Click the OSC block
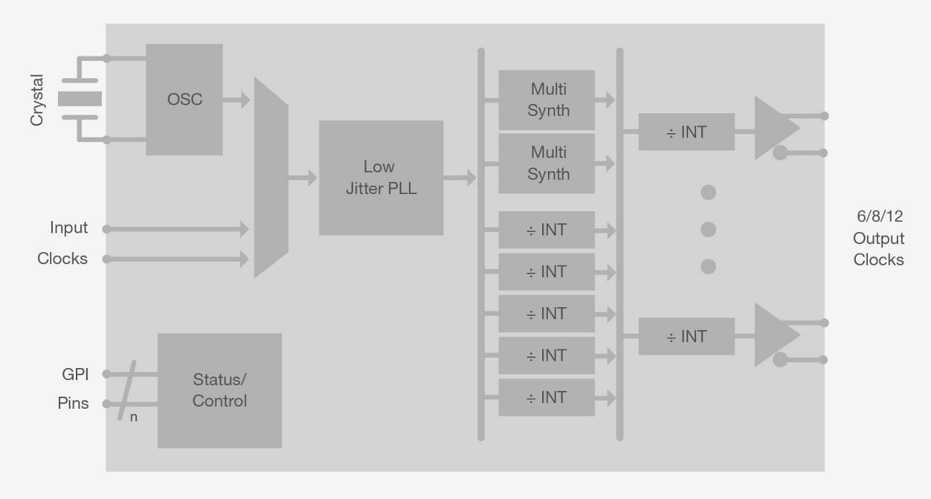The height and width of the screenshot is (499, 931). [184, 100]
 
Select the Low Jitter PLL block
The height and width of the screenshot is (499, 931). [381, 178]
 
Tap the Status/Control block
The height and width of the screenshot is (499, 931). [219, 390]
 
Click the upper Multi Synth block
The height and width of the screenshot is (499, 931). [546, 100]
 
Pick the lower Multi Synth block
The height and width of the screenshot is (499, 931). [546, 163]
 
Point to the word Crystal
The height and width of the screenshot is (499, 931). [37, 100]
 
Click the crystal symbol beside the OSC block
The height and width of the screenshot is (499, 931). [79, 99]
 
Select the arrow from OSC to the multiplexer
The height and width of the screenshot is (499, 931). [237, 100]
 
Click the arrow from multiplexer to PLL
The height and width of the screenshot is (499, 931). [303, 178]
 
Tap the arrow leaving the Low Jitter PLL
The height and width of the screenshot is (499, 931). [460, 178]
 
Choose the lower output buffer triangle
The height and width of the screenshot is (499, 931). [773, 334]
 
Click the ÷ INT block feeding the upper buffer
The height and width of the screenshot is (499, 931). [686, 132]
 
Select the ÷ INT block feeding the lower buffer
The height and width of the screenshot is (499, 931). [686, 336]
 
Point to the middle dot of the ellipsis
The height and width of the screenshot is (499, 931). [708, 229]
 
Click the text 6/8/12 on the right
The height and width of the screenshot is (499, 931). [878, 218]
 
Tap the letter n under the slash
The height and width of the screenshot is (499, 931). [133, 417]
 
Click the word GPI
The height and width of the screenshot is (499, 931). [74, 374]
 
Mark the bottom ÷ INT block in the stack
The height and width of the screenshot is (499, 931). [546, 397]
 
